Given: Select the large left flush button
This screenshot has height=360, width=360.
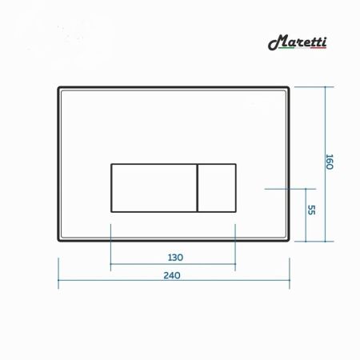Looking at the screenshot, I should tap(153, 187).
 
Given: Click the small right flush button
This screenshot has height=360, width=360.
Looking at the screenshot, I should tap(216, 187).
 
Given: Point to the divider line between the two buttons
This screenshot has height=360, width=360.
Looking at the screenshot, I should tap(197, 187).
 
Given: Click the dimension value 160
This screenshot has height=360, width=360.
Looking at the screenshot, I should tap(328, 161).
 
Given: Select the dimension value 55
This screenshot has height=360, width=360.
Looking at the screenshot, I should tap(312, 210).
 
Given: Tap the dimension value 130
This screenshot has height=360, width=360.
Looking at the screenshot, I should tap(176, 257).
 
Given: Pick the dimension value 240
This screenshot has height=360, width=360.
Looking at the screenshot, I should tap(173, 275).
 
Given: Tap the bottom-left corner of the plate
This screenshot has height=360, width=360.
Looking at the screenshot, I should tap(59, 240).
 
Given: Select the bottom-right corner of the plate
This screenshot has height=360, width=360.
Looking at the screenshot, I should tap(289, 240).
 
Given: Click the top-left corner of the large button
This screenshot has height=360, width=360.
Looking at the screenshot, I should tap(110, 163).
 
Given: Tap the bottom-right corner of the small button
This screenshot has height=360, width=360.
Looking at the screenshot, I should tap(236, 212).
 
